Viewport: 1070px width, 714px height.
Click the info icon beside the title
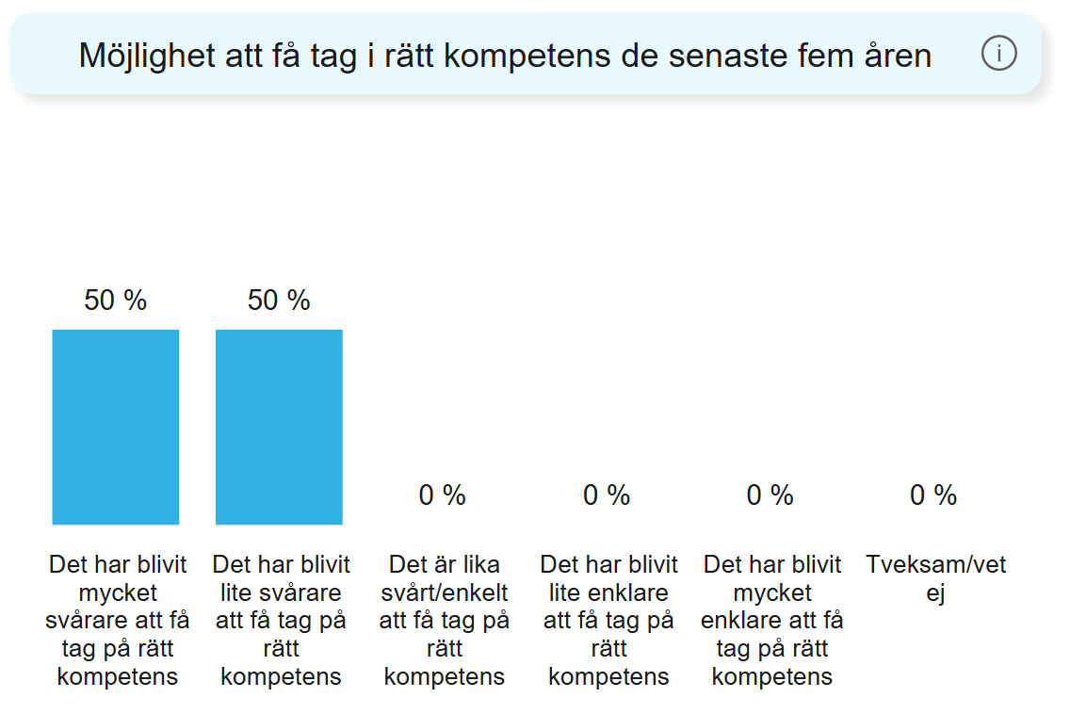[x=998, y=55]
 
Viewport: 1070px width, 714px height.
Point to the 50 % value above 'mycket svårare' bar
[x=115, y=300]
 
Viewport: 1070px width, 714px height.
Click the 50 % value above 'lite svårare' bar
[x=279, y=300]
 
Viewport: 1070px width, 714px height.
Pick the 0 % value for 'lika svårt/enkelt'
[x=442, y=495]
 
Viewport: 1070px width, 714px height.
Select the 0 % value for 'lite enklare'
[x=606, y=495]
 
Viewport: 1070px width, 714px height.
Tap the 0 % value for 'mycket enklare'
[x=770, y=495]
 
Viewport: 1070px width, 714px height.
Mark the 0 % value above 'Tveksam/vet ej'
[x=932, y=495]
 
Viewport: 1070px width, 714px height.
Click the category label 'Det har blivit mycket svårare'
[x=118, y=620]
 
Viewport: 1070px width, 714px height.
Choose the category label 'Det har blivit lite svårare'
[x=281, y=620]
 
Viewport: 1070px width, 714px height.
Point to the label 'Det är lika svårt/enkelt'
[x=445, y=620]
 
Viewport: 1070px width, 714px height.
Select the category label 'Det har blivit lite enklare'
[x=608, y=620]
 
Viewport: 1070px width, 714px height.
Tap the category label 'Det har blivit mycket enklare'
[x=772, y=620]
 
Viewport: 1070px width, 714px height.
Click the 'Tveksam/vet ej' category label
[x=935, y=578]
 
